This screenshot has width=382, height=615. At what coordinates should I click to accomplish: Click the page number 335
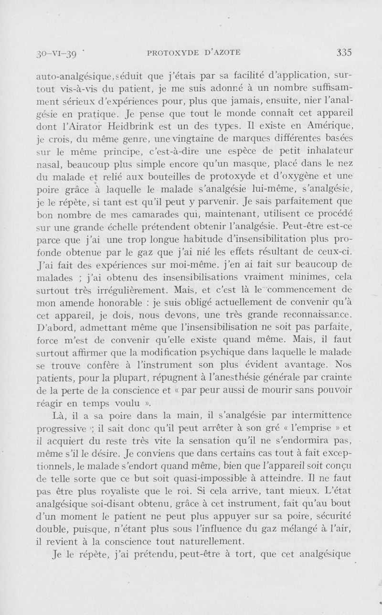pyautogui.click(x=344, y=53)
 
